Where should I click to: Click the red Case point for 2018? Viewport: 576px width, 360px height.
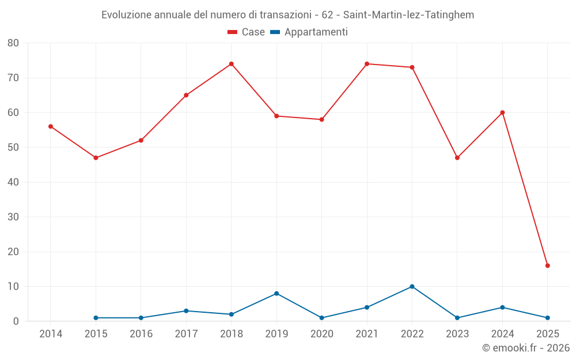(x=232, y=64)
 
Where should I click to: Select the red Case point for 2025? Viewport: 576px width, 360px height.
(x=548, y=266)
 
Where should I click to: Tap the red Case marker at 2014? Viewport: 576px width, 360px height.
(x=51, y=127)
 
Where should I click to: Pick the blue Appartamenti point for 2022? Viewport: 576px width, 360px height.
(x=412, y=286)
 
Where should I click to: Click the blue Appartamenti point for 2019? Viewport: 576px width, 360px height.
(x=276, y=294)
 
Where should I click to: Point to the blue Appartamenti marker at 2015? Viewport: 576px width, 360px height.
(x=96, y=318)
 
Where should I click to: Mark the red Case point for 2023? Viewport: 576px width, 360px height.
(x=457, y=158)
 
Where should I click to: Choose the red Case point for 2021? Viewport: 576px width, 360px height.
(x=367, y=64)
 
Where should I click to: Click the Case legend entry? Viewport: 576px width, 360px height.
(x=246, y=32)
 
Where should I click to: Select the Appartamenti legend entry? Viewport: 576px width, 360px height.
(x=309, y=32)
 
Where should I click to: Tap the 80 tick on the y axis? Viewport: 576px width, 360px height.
(x=13, y=43)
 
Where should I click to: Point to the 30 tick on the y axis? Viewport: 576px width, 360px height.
(x=13, y=217)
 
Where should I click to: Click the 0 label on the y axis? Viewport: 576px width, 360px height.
(x=16, y=321)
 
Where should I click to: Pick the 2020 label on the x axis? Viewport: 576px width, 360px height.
(x=321, y=334)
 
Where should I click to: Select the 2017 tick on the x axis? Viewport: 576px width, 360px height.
(x=186, y=334)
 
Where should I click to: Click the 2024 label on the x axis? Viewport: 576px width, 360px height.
(x=502, y=334)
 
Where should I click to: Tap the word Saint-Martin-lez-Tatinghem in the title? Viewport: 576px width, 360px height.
(x=408, y=15)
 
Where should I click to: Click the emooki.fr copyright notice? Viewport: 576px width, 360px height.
(x=525, y=348)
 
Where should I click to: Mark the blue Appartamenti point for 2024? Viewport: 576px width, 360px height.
(x=502, y=308)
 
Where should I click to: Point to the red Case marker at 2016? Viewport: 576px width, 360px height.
(x=141, y=141)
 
